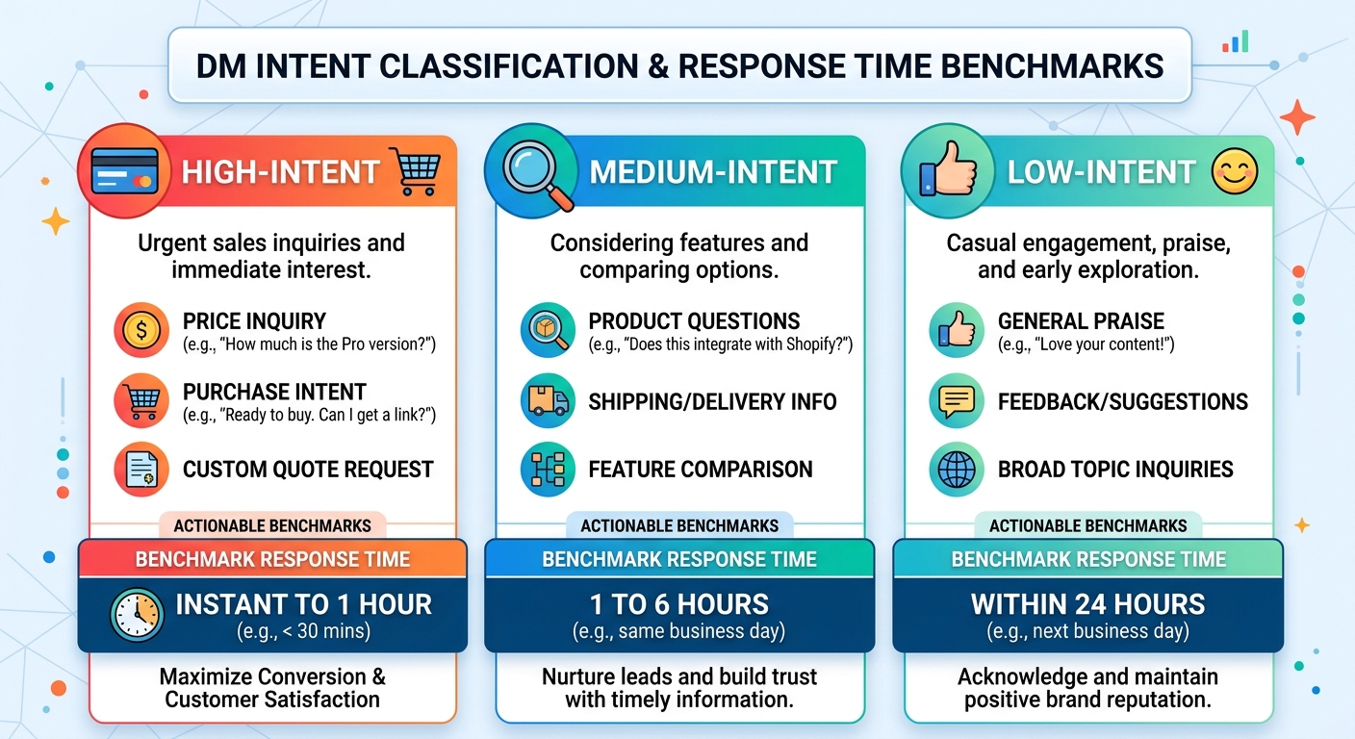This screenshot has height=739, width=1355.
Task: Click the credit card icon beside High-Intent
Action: click(x=124, y=171)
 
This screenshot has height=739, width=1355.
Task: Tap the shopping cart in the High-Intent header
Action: click(x=416, y=171)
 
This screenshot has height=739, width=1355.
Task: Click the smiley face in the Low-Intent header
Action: click(x=1235, y=171)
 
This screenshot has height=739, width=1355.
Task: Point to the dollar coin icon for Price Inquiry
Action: click(x=141, y=330)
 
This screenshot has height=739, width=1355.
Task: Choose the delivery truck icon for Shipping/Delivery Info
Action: click(x=548, y=401)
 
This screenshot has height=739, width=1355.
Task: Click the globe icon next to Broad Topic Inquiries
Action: click(x=957, y=470)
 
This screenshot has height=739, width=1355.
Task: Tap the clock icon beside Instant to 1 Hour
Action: click(x=137, y=615)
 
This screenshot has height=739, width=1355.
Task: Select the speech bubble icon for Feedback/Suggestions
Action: click(x=957, y=401)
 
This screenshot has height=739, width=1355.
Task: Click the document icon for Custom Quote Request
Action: click(x=141, y=470)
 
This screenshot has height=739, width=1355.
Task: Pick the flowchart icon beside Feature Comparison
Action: click(x=548, y=470)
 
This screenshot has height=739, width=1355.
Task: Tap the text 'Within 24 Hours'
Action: click(x=1087, y=604)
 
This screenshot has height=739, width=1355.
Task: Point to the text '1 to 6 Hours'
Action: click(x=679, y=604)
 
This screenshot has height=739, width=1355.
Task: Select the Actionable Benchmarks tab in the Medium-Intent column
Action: click(x=679, y=525)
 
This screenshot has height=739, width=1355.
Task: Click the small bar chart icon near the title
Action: click(x=1236, y=41)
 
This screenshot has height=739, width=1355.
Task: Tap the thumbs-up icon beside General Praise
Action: click(x=957, y=330)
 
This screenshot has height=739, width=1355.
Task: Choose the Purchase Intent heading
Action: click(x=274, y=392)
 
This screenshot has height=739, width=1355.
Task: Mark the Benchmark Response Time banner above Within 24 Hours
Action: click(x=1088, y=558)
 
